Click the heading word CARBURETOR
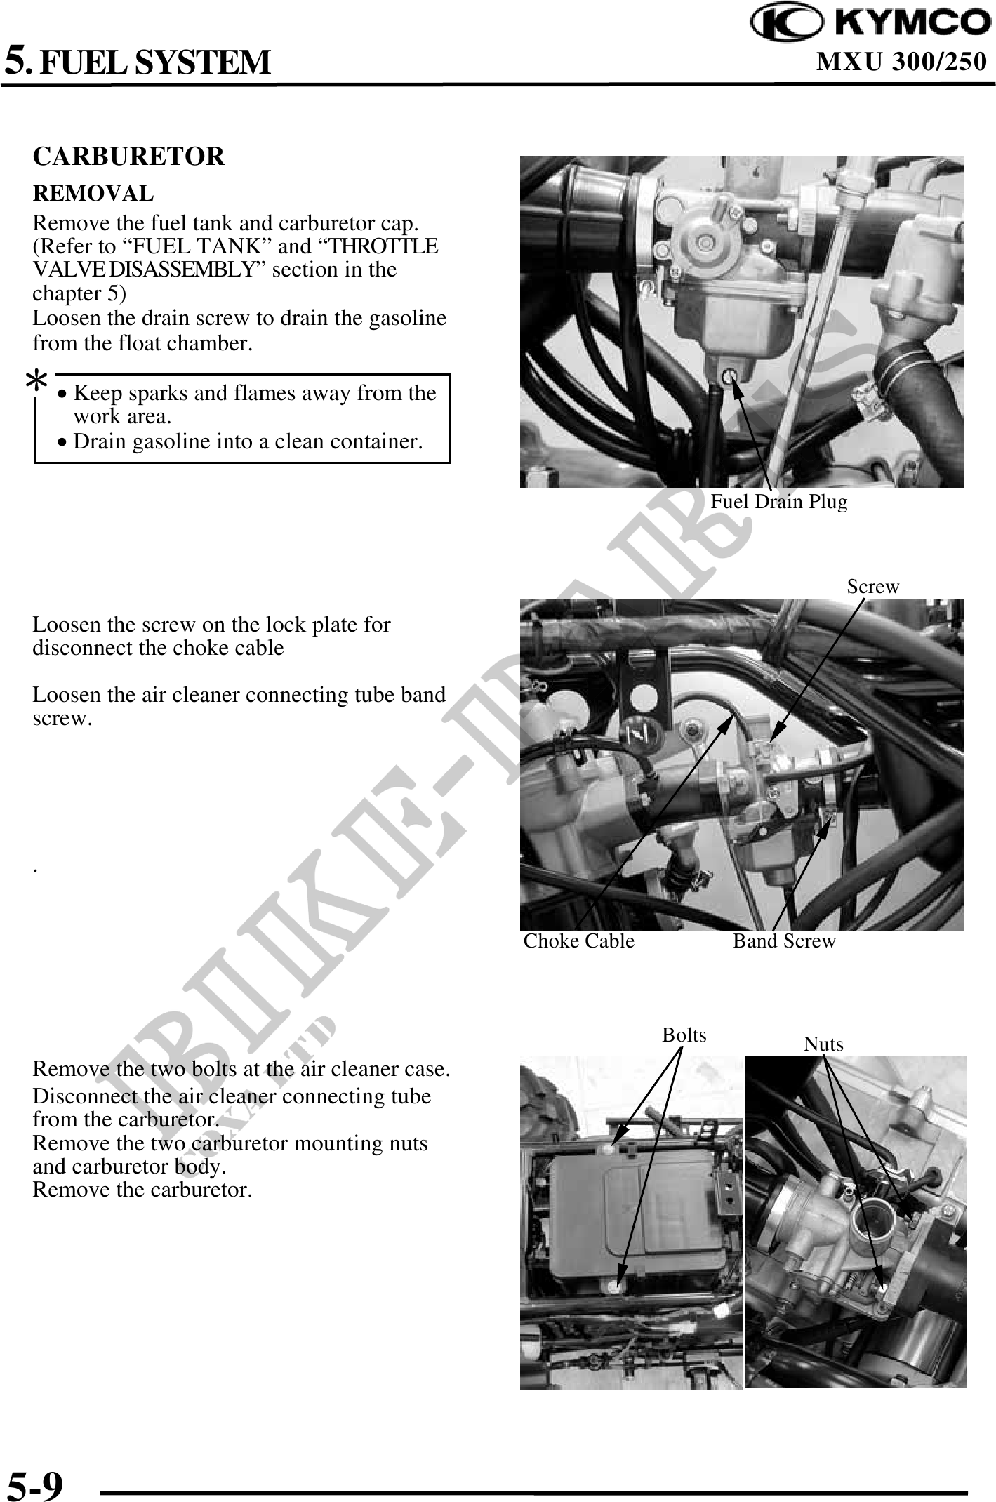(128, 156)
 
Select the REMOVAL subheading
(93, 193)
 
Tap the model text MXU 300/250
(902, 62)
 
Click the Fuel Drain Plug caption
(778, 502)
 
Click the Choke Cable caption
(578, 941)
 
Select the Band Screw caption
(784, 941)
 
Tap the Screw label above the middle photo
(872, 587)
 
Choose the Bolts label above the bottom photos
(684, 1035)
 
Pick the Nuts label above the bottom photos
(823, 1044)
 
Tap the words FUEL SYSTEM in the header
(154, 62)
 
